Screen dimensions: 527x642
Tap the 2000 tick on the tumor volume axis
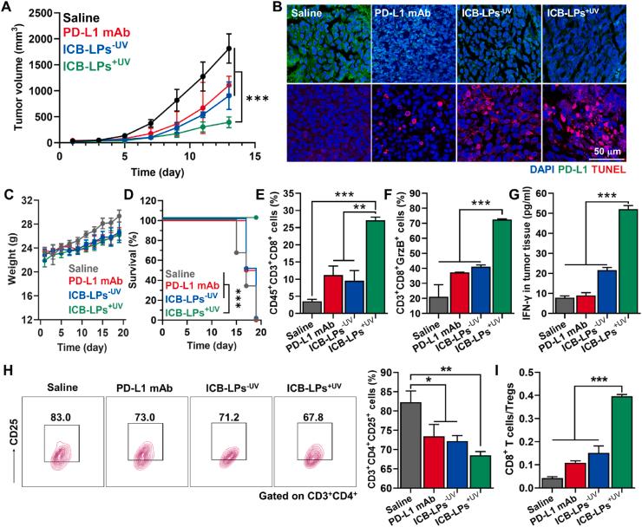pyautogui.click(x=48, y=40)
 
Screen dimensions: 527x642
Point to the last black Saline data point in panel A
pyautogui.click(x=228, y=49)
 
